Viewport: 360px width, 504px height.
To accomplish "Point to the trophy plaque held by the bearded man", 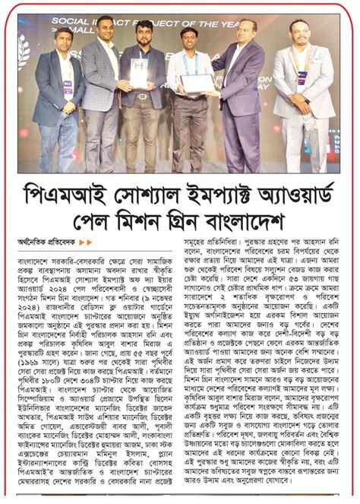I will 139,72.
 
